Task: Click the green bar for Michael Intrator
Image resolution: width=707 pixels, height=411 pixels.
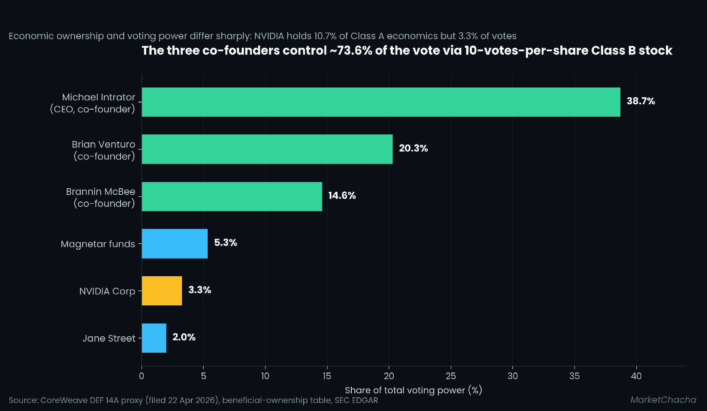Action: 381,102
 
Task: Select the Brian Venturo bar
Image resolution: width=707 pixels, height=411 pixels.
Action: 267,149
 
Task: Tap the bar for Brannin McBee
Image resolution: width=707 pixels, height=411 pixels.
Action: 232,196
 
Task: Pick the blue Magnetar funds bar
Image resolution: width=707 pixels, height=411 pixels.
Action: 175,244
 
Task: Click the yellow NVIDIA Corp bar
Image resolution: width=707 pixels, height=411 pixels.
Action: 162,291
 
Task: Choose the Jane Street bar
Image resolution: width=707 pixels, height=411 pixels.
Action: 154,338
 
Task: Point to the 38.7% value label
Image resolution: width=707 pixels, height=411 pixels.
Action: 641,101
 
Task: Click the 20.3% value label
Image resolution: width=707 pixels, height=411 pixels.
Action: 413,148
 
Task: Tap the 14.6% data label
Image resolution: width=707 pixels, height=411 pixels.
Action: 342,195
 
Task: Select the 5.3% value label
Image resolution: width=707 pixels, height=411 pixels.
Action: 226,243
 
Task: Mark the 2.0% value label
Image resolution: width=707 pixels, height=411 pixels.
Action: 184,337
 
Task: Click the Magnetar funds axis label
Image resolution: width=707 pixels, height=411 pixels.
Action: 98,244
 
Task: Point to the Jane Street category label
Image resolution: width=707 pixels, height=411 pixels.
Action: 109,339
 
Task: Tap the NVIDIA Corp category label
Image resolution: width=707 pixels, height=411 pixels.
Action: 107,291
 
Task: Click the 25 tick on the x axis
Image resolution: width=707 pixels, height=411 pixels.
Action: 451,376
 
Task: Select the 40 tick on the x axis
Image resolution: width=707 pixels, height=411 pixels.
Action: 636,376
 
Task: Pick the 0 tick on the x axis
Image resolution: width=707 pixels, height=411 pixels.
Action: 141,376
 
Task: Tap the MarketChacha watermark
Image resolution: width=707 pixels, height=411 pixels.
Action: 663,400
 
